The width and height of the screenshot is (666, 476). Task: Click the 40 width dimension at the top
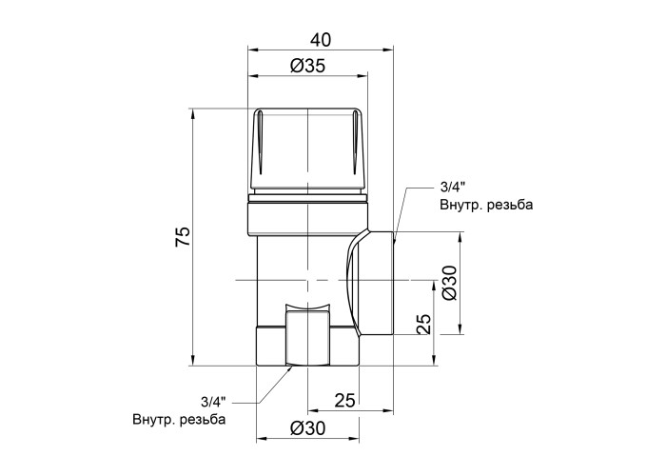click(321, 40)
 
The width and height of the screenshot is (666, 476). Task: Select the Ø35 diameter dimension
click(308, 66)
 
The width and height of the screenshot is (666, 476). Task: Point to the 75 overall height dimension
click(183, 237)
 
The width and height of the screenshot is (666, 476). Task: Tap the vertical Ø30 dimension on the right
click(449, 283)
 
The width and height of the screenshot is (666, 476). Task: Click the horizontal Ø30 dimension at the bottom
click(308, 428)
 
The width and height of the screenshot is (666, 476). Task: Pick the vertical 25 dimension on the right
click(423, 325)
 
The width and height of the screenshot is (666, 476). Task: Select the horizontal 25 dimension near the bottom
click(344, 401)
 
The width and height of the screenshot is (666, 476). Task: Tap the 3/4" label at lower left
click(214, 401)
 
